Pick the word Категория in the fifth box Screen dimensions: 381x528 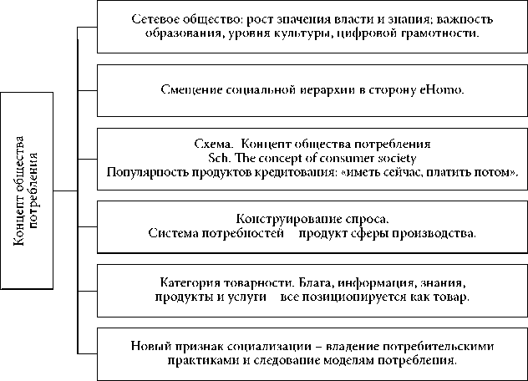click(185, 282)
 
